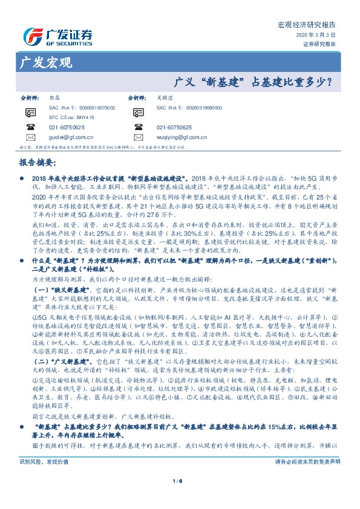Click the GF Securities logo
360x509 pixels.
57,36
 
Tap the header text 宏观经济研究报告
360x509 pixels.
314,25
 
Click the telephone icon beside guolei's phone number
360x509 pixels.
30,128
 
